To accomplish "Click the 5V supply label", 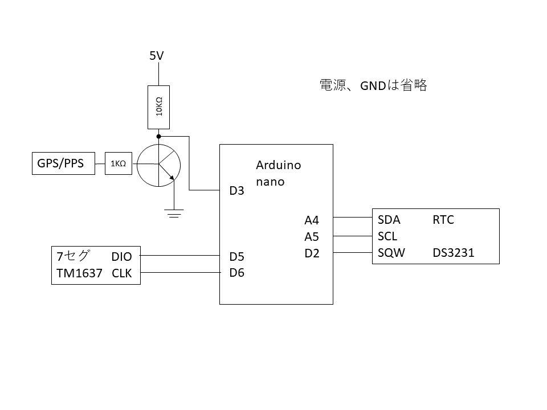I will pos(157,56).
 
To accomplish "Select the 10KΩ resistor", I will pos(159,108).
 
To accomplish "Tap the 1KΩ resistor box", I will pos(119,164).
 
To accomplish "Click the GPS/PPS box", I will pos(63,164).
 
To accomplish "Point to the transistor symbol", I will pos(159,165).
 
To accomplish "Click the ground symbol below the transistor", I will pos(174,214).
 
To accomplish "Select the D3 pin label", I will pos(236,191).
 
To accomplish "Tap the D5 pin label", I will pos(236,256).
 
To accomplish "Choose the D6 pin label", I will pos(236,273).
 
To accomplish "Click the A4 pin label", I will pos(312,220).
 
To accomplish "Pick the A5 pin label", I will pos(312,237).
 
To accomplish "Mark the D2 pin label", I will pos(312,253).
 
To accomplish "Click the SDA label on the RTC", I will pos(389,220).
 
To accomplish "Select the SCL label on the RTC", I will pos(387,236).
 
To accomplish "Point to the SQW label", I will pos(391,253).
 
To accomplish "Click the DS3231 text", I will pos(453,253).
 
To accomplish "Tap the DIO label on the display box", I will pos(121,257).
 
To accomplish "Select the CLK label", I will pos(122,273).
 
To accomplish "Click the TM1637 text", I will pos(79,273).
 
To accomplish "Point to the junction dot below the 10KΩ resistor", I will pos(159,137).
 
